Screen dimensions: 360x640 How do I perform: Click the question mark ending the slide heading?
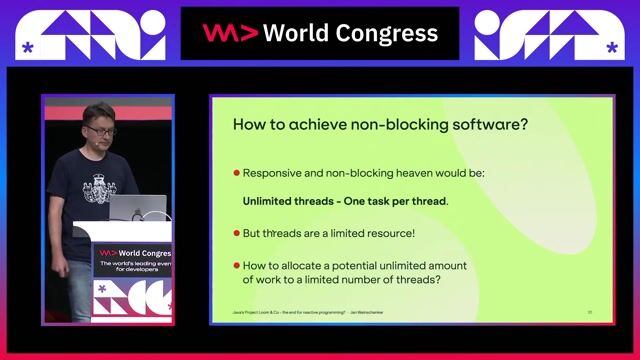coord(523,126)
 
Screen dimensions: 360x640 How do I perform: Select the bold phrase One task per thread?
coord(393,200)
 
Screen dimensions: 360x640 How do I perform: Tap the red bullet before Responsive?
coord(237,172)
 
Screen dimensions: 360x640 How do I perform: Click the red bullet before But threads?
coord(237,233)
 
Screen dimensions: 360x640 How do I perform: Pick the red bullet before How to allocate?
coord(237,266)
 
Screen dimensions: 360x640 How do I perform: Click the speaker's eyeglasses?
coord(100,130)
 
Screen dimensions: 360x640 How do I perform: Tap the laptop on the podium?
coord(130,208)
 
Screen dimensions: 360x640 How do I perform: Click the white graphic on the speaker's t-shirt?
coord(99,187)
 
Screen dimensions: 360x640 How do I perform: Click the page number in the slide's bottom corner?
coord(590,313)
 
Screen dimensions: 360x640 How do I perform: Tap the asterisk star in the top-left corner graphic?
coord(27,47)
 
